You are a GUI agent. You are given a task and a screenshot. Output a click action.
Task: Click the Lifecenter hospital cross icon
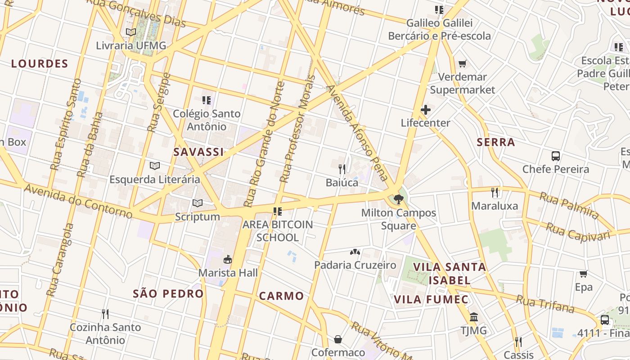coord(425,110)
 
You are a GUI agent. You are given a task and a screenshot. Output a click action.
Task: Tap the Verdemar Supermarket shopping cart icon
coord(462,64)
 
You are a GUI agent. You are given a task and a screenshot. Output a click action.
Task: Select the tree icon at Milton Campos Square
coord(398,199)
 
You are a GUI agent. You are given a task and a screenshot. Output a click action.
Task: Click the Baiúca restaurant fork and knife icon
coord(342,169)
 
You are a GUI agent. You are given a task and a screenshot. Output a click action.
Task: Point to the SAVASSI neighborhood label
coord(198,152)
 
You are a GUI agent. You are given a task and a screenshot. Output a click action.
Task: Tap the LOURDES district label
coord(40,64)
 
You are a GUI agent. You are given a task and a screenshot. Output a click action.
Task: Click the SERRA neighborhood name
coord(495,142)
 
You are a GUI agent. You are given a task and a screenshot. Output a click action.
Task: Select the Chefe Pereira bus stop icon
coord(556,156)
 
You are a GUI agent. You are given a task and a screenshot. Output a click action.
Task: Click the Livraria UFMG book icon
coord(131,32)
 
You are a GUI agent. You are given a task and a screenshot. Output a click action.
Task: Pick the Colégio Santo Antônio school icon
coord(207,100)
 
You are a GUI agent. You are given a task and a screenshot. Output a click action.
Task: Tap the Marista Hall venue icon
coord(228,260)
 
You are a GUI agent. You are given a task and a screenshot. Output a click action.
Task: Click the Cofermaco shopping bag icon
coord(338,339)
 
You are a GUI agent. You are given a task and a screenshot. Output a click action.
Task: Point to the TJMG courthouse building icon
coord(473,317)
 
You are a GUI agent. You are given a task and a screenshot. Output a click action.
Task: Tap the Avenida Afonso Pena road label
coord(358,133)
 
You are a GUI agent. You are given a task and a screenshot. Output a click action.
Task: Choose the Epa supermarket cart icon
coord(584,274)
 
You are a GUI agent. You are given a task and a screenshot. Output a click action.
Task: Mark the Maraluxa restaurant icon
coord(495,193)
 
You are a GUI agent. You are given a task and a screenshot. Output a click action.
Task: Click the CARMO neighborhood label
coord(281,296)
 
